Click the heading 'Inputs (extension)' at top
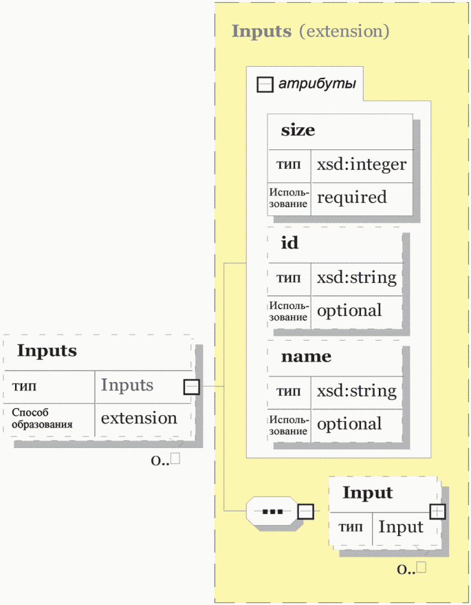pyautogui.click(x=310, y=31)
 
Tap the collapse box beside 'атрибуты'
pyautogui.click(x=265, y=84)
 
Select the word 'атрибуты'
pyautogui.click(x=317, y=84)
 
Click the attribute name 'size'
pyautogui.click(x=298, y=130)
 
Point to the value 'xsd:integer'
pyautogui.click(x=362, y=164)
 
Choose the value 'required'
pyautogui.click(x=351, y=197)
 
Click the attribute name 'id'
pyautogui.click(x=289, y=243)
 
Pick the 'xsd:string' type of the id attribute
pyautogui.click(x=357, y=278)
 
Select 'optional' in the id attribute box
pyautogui.click(x=349, y=311)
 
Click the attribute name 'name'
pyautogui.click(x=306, y=357)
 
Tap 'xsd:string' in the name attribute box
pyautogui.click(x=357, y=391)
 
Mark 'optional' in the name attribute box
pyautogui.click(x=349, y=425)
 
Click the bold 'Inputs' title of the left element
pyautogui.click(x=47, y=351)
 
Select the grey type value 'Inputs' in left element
pyautogui.click(x=127, y=385)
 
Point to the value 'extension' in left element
pyautogui.click(x=139, y=418)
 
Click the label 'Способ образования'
pyautogui.click(x=42, y=418)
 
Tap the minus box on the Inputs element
pyautogui.click(x=192, y=387)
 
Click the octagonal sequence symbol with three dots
pyautogui.click(x=272, y=511)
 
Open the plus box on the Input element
pyautogui.click(x=437, y=511)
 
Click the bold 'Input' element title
pyautogui.click(x=368, y=493)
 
